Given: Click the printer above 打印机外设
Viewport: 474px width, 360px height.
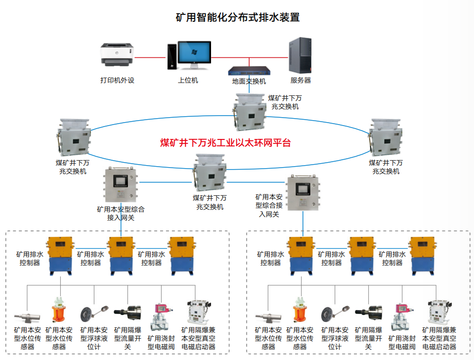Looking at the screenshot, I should pos(118,54).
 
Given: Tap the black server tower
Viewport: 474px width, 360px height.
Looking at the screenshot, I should pos(301,54).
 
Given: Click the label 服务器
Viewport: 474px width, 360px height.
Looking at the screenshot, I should pos(301,80).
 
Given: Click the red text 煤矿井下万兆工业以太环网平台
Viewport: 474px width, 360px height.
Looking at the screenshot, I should pos(225,143).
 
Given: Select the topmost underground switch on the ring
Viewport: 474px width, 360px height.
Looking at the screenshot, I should pos(250,112).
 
